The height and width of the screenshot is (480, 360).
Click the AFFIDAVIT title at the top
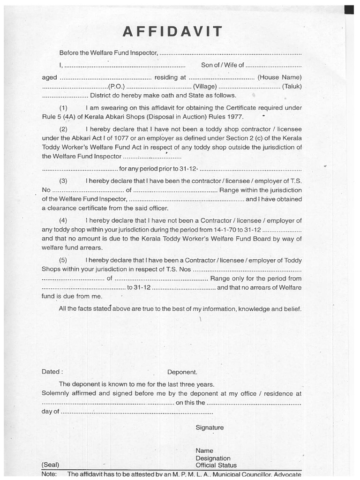click(x=173, y=32)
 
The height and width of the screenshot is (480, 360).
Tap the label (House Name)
click(x=279, y=77)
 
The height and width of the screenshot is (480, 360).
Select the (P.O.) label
click(x=116, y=86)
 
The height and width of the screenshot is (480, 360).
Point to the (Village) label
click(x=205, y=86)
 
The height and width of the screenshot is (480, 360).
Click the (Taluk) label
click(x=292, y=86)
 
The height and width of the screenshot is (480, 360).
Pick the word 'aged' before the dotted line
click(x=49, y=77)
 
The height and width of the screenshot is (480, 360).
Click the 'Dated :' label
click(x=52, y=372)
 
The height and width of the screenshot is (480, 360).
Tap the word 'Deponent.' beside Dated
click(x=182, y=372)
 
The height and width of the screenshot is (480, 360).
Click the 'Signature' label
click(x=210, y=427)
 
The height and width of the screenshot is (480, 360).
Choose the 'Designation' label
click(x=213, y=458)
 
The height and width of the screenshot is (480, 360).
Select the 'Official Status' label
click(x=216, y=465)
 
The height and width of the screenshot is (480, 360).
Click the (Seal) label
click(x=50, y=465)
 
